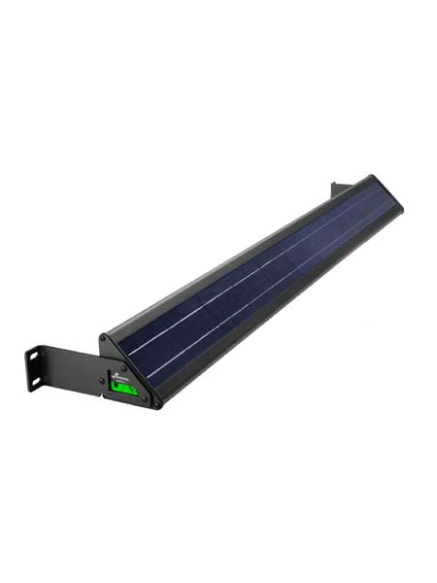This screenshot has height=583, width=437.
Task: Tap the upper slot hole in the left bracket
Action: [35, 357]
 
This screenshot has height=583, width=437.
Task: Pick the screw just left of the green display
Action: [104, 381]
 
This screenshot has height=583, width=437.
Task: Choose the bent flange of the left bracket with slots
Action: [37, 370]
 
